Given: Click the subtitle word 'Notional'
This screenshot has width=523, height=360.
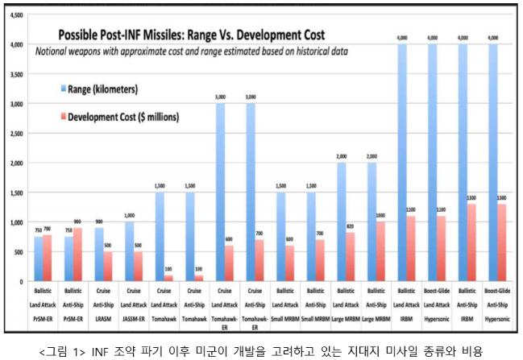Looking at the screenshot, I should pos(52,51).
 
